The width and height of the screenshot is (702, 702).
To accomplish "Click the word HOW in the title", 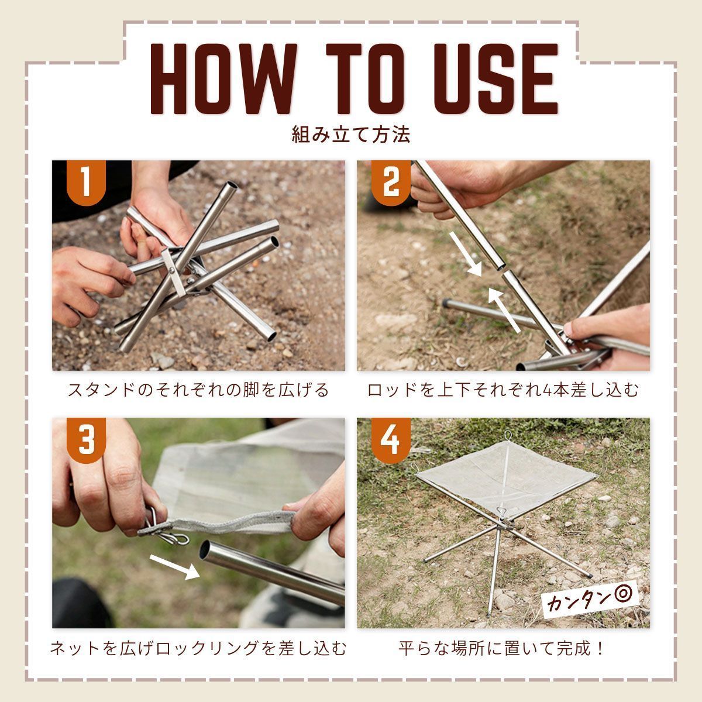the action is click(x=223, y=79).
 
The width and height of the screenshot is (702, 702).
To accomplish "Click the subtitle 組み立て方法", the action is click(x=351, y=135).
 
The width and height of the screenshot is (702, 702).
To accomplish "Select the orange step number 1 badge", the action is click(x=86, y=183).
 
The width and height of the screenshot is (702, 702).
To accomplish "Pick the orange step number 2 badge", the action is click(x=391, y=183).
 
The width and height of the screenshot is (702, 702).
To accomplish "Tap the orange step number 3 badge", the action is click(x=86, y=440).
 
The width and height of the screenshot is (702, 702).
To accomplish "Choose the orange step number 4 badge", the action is click(x=391, y=440).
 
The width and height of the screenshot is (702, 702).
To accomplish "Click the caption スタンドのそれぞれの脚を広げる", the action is click(x=198, y=390).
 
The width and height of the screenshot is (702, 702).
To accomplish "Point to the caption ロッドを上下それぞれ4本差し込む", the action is click(x=503, y=390).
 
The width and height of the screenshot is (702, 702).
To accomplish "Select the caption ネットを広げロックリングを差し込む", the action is click(x=198, y=648).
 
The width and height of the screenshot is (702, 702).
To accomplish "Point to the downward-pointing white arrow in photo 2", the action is click(x=466, y=254).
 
